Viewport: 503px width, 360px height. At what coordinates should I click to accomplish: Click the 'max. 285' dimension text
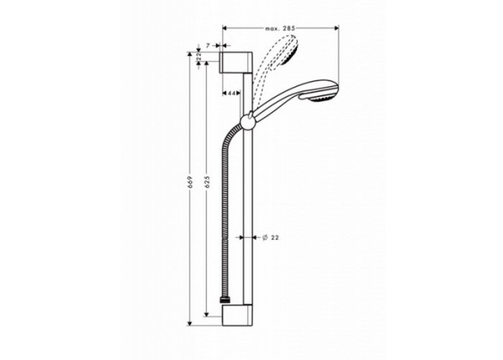pyautogui.click(x=280, y=28)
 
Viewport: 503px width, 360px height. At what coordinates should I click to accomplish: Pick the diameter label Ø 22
pyautogui.click(x=270, y=237)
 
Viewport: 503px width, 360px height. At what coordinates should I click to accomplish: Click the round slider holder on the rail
pyautogui.click(x=247, y=123)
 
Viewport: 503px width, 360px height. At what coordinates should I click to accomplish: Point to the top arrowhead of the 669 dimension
pyautogui.click(x=190, y=52)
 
